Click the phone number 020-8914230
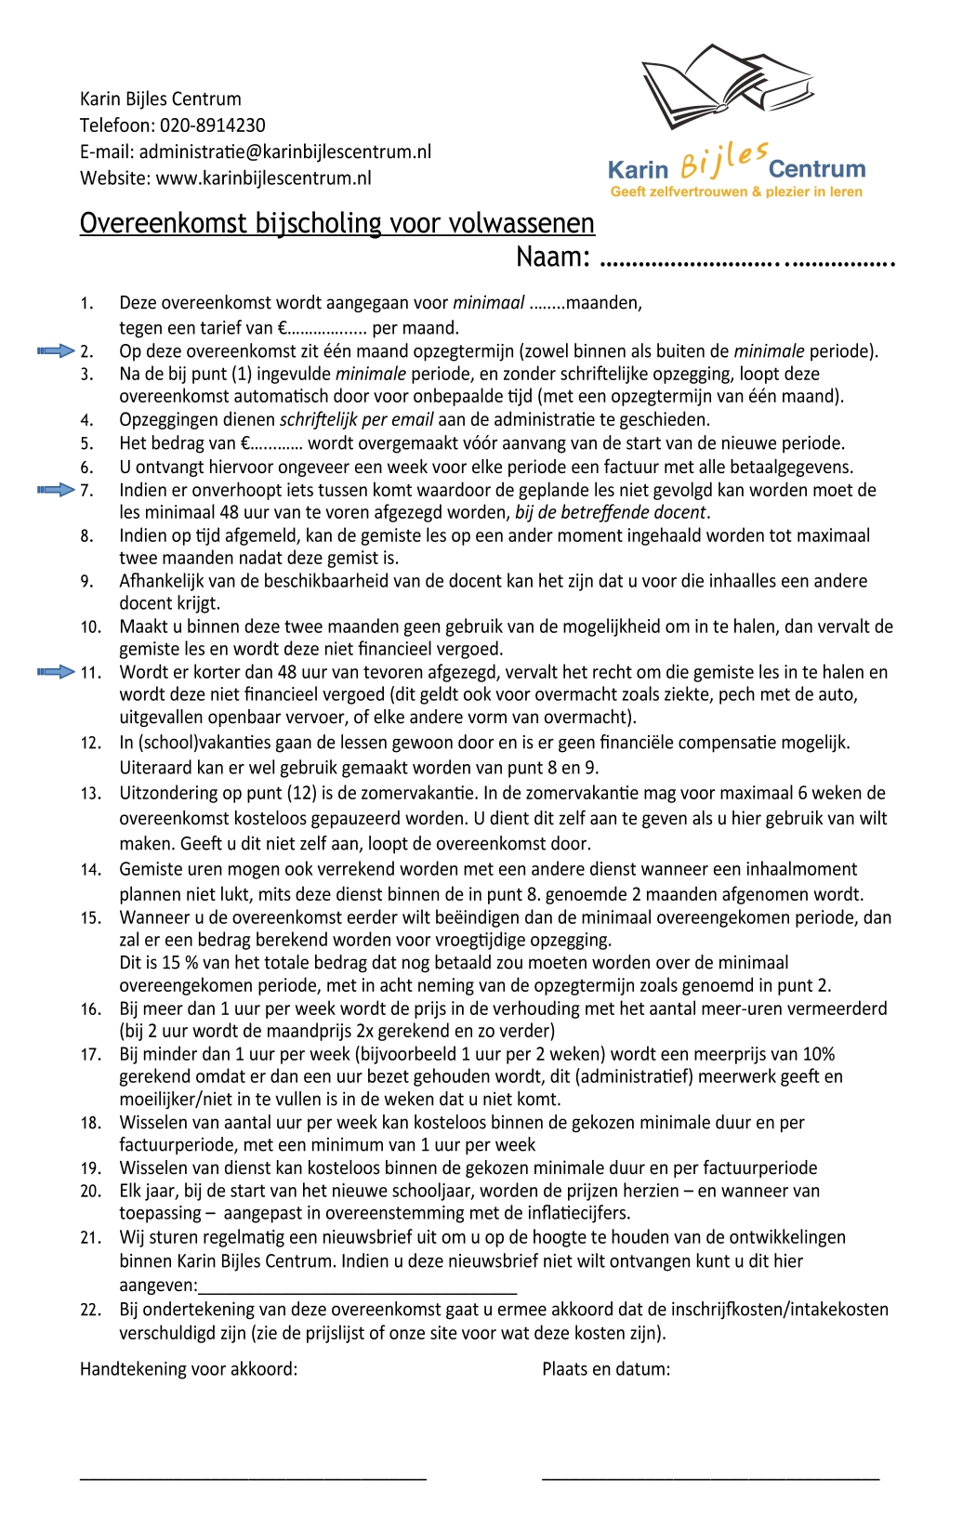point(212,125)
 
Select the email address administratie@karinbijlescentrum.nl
point(284,152)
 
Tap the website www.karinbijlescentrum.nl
point(263,178)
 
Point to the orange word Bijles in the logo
point(723,160)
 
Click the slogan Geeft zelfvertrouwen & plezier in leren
point(736,191)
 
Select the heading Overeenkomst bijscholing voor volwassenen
point(336,223)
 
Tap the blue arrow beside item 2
point(55,350)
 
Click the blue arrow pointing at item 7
point(55,490)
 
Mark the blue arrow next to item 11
point(55,671)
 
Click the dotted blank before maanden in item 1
point(547,303)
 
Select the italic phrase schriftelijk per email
point(356,419)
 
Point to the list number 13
point(90,794)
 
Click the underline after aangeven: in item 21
point(358,1291)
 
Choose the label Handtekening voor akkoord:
point(189,1368)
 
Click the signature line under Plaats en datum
point(710,1476)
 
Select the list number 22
point(90,1310)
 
